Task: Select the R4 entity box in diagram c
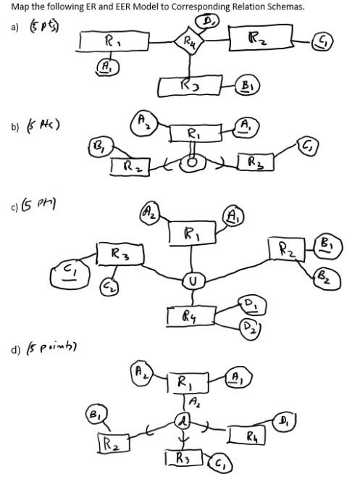190,315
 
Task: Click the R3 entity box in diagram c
120,254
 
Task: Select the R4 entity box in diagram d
250,436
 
